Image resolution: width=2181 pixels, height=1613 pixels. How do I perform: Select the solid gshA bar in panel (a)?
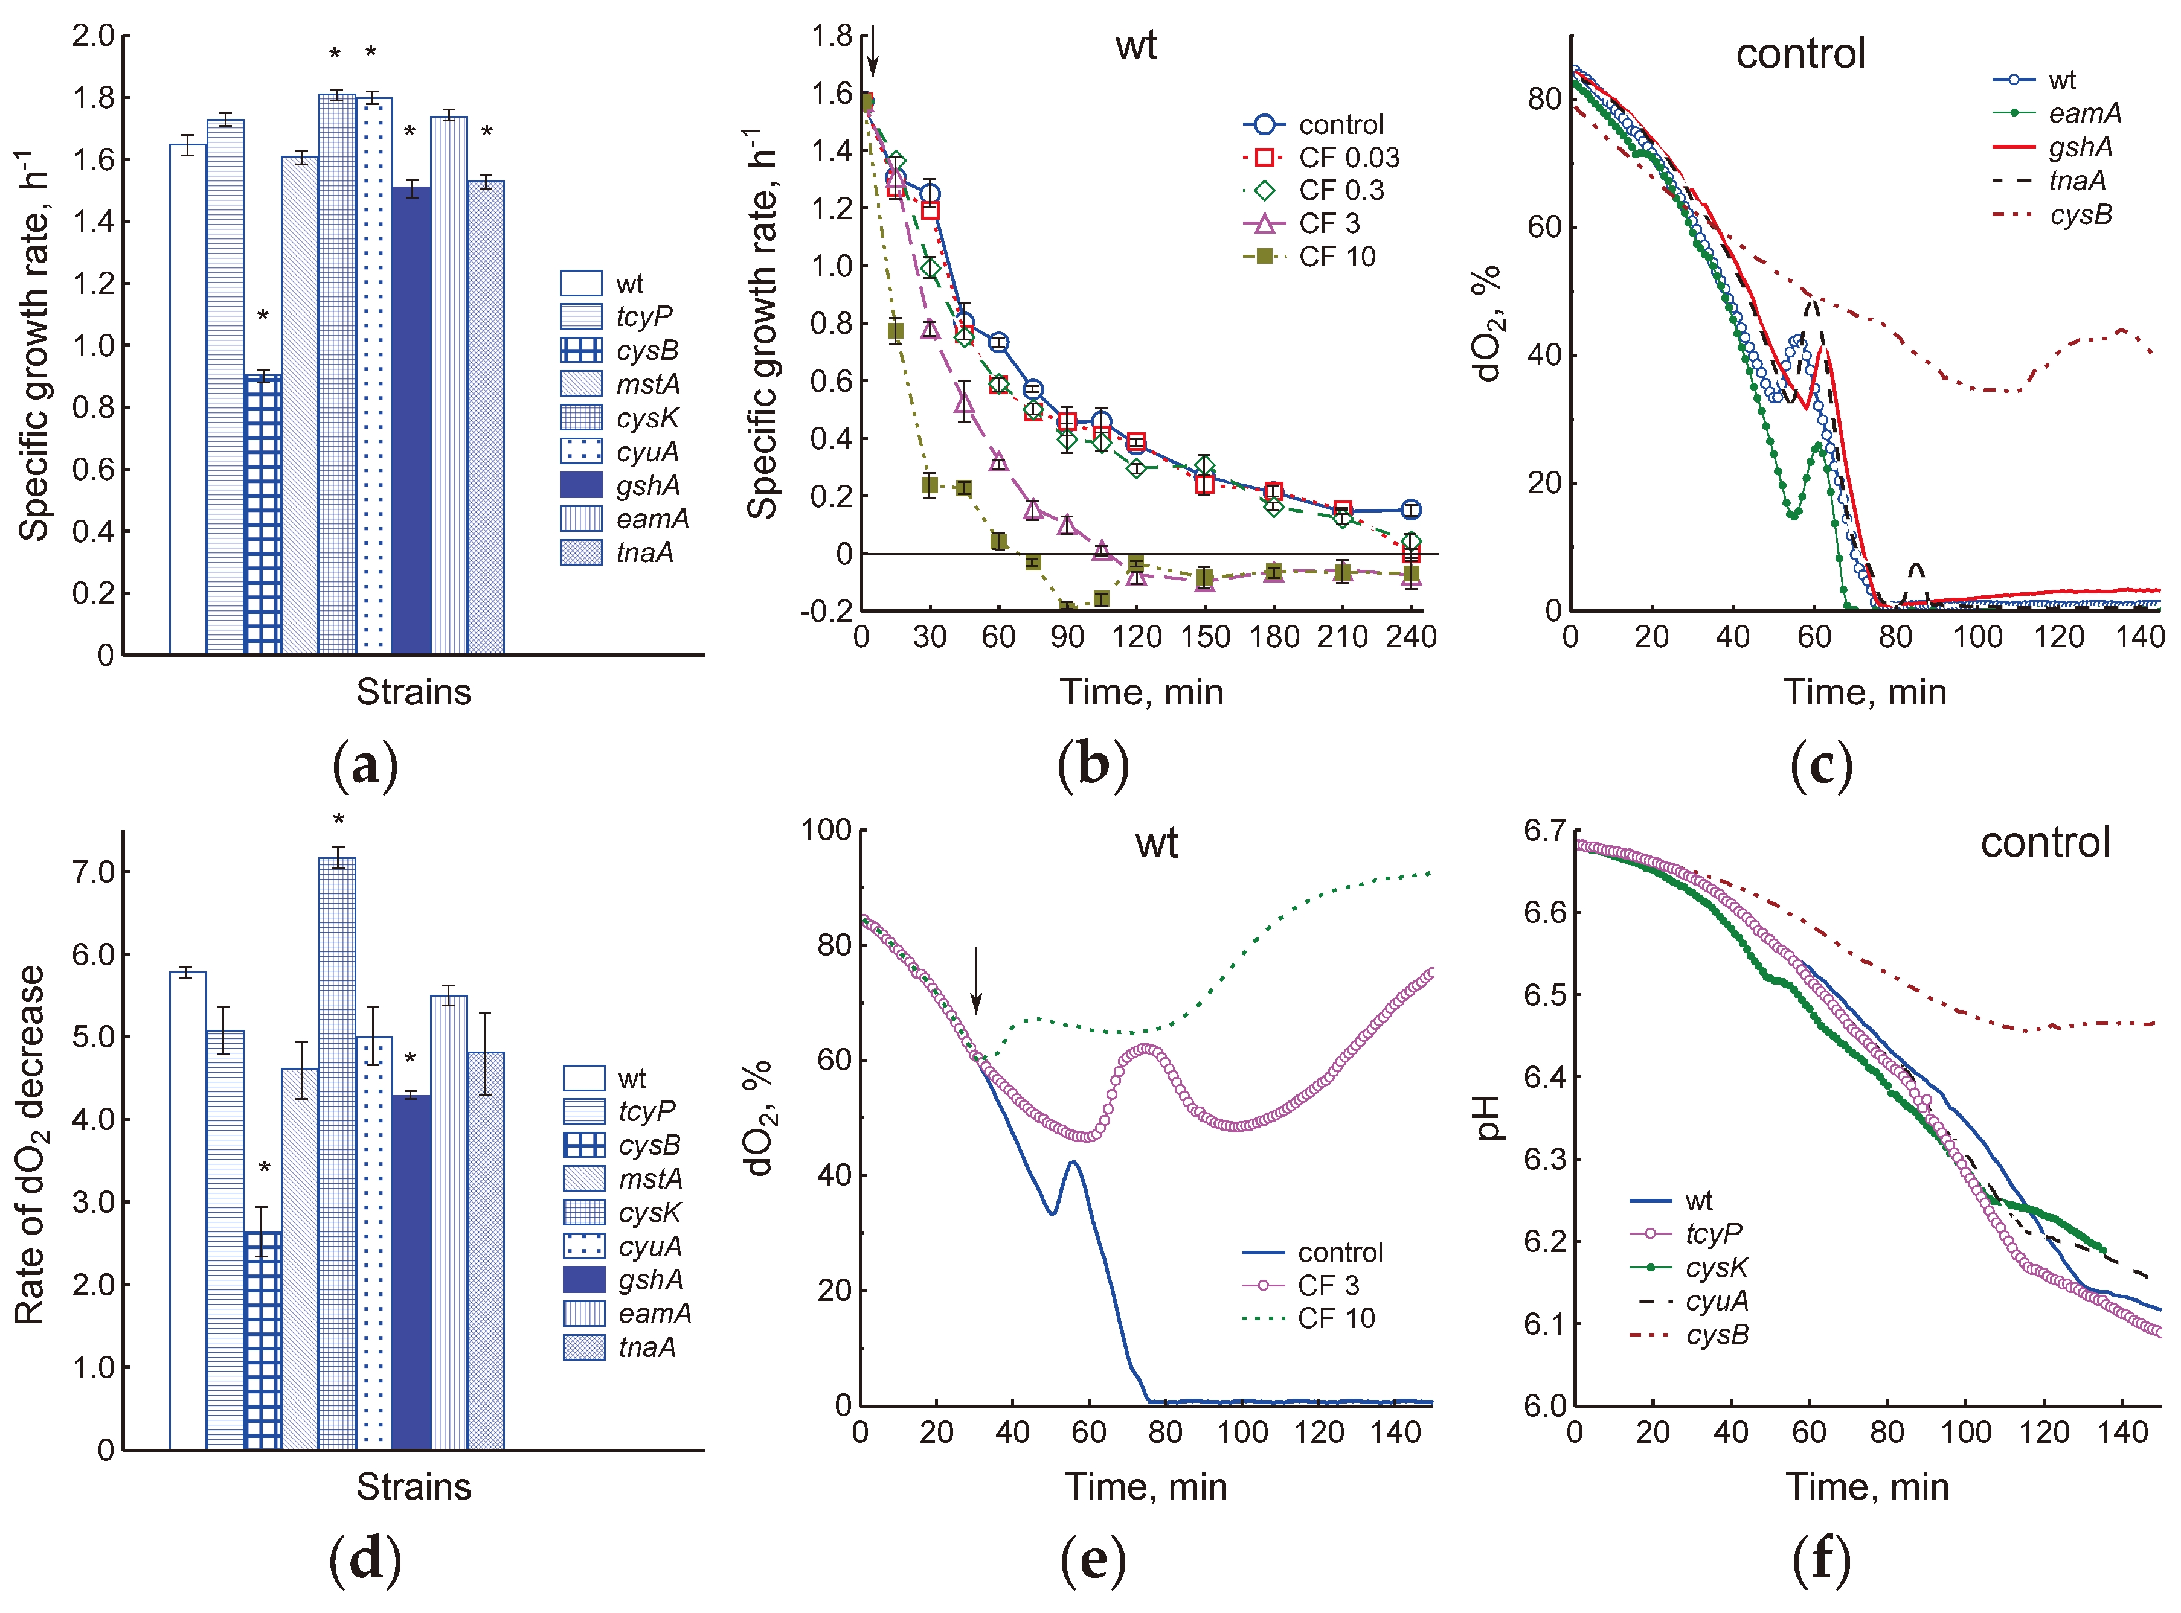pos(411,420)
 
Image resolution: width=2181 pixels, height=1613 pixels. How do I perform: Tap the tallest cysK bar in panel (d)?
pos(337,1152)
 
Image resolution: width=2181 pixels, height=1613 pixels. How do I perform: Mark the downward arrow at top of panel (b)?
pos(873,51)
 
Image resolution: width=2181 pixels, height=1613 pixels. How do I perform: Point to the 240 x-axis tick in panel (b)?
pos(1410,637)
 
